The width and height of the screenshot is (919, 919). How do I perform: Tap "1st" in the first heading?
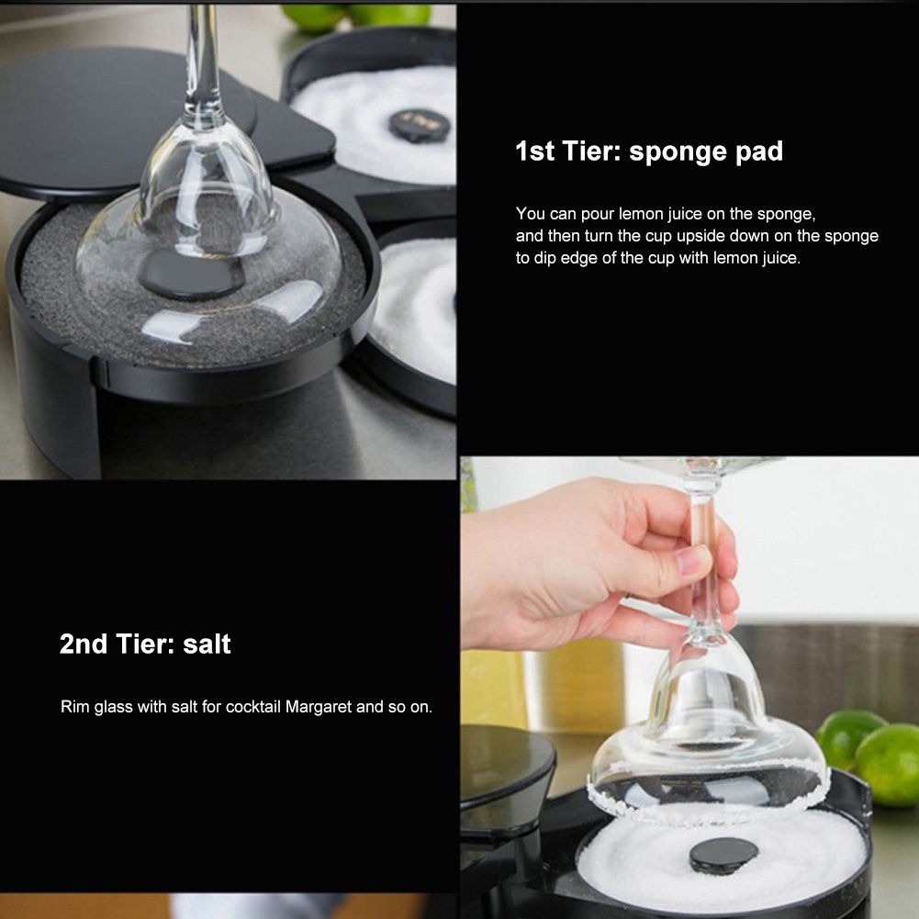[x=534, y=151]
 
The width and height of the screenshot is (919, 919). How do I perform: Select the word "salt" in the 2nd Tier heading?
[x=207, y=644]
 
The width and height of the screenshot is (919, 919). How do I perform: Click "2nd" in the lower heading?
[x=84, y=644]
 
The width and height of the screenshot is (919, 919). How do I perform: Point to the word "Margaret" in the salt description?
[x=319, y=707]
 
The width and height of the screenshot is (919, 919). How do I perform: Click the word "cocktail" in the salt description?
[x=253, y=707]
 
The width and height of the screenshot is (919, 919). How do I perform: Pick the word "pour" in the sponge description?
[x=598, y=215]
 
